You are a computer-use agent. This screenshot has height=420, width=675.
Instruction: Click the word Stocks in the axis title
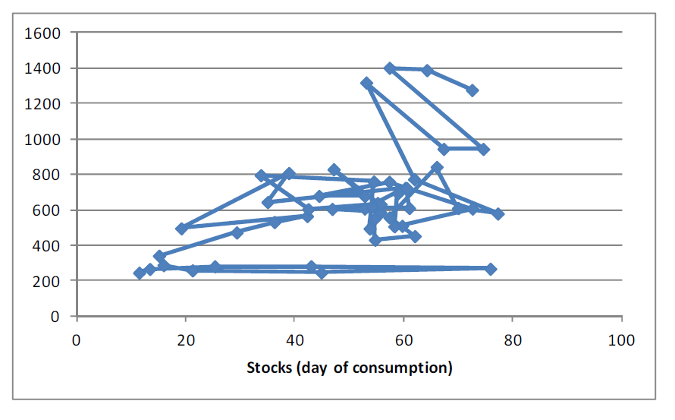269,368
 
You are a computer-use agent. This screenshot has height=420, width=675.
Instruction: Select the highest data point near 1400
390,68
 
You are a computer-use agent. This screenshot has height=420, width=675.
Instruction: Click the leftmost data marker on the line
140,273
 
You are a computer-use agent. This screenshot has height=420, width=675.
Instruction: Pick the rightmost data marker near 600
498,213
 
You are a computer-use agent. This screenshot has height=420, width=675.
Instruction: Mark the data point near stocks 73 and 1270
472,90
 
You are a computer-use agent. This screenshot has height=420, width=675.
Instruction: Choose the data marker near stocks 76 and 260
491,270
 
